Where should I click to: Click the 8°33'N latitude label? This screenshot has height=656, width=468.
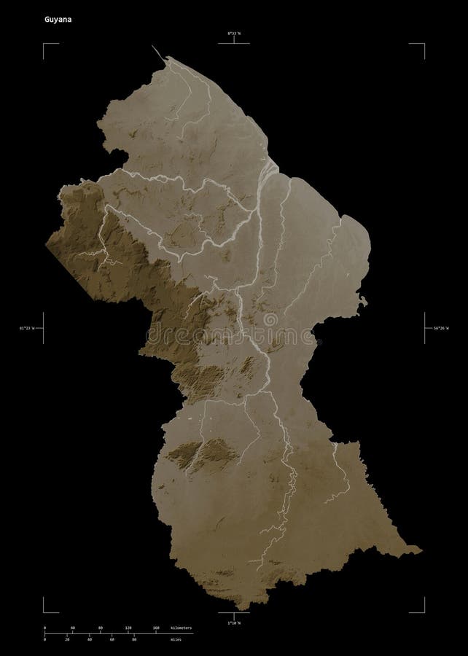point(233,33)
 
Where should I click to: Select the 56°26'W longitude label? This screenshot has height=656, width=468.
point(437,329)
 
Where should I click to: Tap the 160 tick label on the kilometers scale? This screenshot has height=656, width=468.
point(156,627)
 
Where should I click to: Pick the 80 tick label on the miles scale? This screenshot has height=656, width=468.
point(134,639)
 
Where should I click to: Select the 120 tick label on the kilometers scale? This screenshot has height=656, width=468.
point(128,627)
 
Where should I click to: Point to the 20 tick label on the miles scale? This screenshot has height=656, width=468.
point(67,639)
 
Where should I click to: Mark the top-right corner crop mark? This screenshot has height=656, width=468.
point(424,44)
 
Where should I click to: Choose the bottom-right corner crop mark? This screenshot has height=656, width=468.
point(424,611)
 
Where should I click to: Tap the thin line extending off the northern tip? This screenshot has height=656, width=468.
point(157,52)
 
